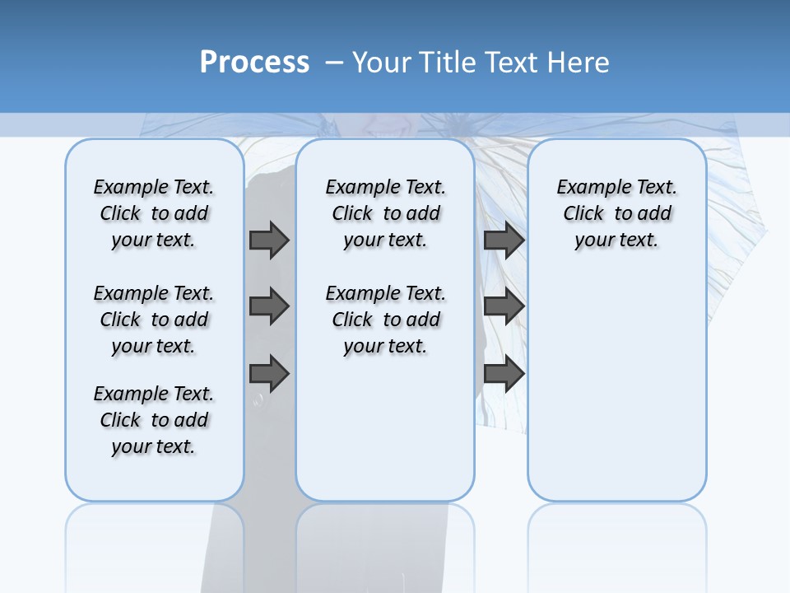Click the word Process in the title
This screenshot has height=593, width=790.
point(254,63)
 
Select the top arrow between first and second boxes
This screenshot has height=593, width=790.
point(269,240)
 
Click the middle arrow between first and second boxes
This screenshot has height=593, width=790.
point(269,306)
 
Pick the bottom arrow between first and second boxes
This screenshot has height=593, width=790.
point(269,373)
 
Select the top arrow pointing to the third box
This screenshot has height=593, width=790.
point(504,240)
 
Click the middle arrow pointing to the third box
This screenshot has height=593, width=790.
point(504,306)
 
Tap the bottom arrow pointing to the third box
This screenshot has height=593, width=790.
point(504,373)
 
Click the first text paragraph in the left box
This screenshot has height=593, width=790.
point(154,213)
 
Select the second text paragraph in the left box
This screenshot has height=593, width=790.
point(154,320)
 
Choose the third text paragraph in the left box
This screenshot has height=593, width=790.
point(154,420)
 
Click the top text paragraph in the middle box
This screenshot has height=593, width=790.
point(385,213)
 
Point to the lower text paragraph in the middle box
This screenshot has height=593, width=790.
point(385,320)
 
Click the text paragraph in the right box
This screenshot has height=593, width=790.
point(616,213)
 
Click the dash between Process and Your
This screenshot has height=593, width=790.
point(334,63)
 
